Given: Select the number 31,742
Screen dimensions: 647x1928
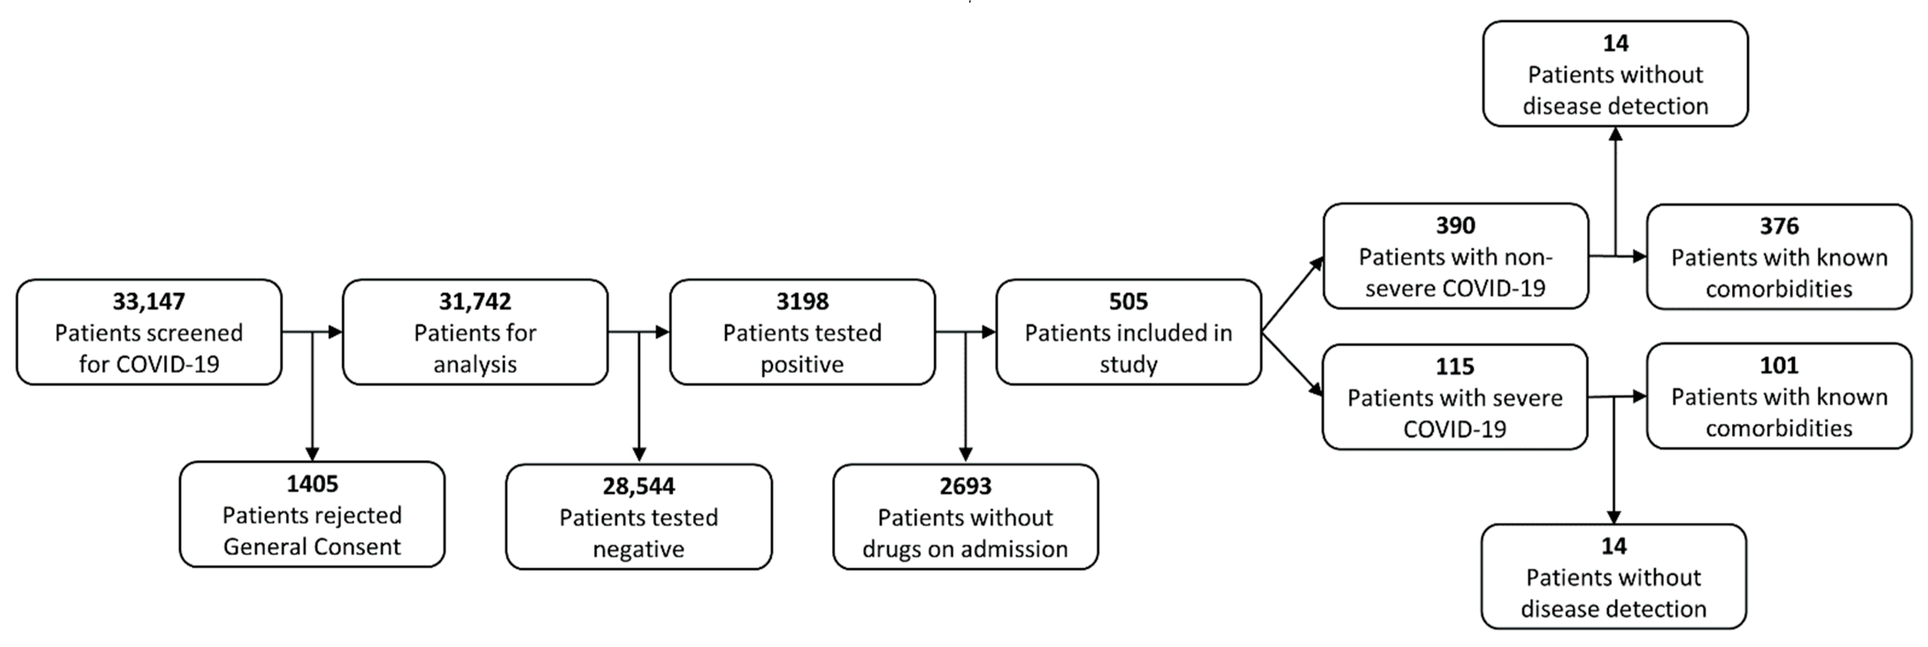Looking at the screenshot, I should click(475, 302).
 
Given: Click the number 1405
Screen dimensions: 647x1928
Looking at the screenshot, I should click(312, 484).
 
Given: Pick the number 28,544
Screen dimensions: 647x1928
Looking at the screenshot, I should click(638, 486).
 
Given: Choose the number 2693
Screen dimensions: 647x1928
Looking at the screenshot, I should click(965, 486).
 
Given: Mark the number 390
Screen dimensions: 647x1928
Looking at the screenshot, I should click(1455, 225).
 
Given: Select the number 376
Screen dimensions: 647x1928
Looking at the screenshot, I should click(1778, 226).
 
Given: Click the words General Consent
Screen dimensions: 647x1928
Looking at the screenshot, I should click(312, 547).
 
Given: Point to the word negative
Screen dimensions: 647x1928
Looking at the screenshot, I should click(638, 549).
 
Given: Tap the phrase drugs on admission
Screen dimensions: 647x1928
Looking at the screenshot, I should click(965, 549).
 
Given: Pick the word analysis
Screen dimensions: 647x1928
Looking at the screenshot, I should click(475, 364).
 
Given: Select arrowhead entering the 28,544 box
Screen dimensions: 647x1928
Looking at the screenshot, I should click(638, 454).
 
